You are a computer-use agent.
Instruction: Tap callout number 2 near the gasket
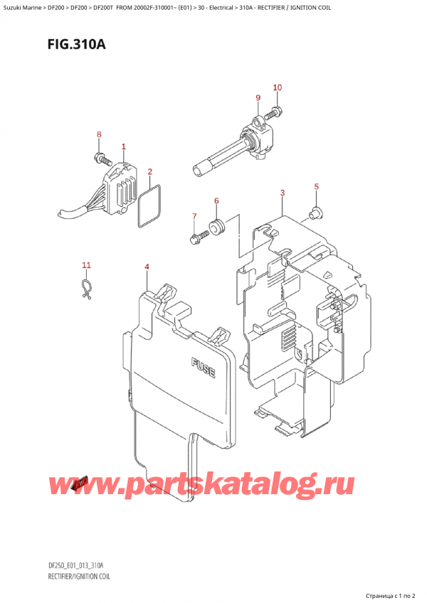click(x=149, y=171)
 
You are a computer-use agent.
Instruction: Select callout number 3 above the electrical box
click(x=283, y=193)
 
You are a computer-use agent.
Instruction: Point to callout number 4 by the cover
click(x=146, y=267)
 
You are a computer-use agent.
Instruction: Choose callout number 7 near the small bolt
click(x=193, y=215)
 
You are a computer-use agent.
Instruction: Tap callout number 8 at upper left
click(x=100, y=134)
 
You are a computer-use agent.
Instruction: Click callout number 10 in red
click(x=278, y=87)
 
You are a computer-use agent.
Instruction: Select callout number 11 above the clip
click(x=86, y=266)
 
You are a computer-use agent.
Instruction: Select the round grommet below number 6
click(x=215, y=228)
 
